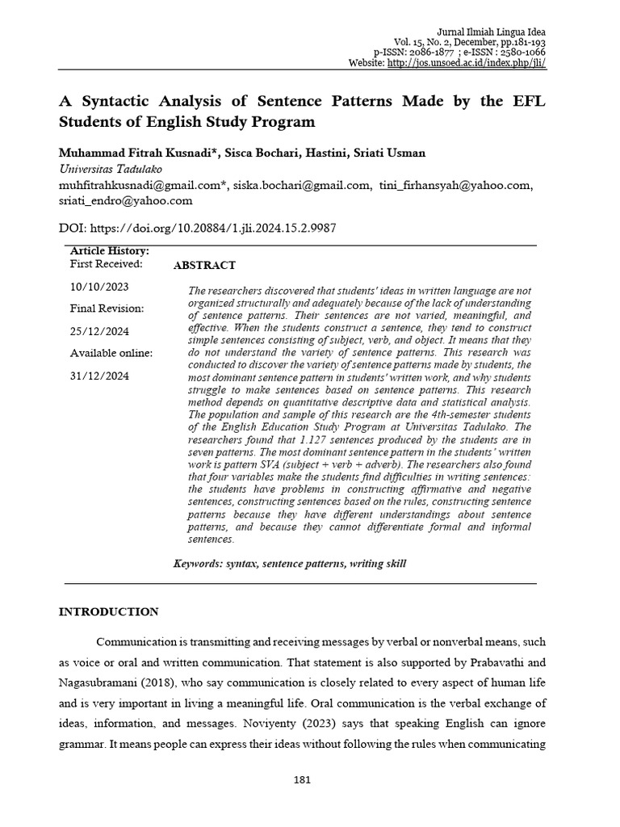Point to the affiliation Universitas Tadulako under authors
pyautogui.click(x=111, y=169)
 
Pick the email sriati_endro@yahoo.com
pyautogui.click(x=126, y=200)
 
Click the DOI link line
pyautogui.click(x=198, y=229)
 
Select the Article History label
pyautogui.click(x=109, y=251)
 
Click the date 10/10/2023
pyautogui.click(x=99, y=287)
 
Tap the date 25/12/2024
pyautogui.click(x=99, y=331)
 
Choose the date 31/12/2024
pyautogui.click(x=99, y=376)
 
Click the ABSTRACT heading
pyautogui.click(x=205, y=265)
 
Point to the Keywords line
pyautogui.click(x=290, y=563)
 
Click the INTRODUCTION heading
pyautogui.click(x=109, y=611)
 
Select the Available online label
pyautogui.click(x=111, y=353)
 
